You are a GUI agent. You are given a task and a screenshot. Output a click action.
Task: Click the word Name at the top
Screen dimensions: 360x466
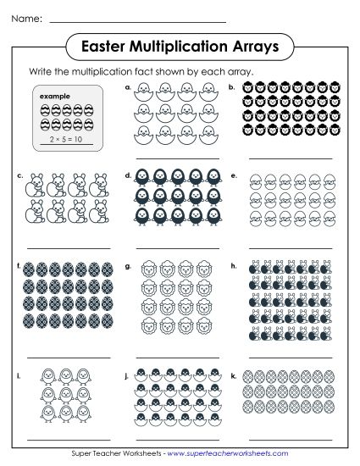click(x=25, y=18)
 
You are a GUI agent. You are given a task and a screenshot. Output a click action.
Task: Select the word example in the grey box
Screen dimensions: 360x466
click(x=54, y=97)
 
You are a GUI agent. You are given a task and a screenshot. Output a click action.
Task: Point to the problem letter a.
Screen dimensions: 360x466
click(x=128, y=86)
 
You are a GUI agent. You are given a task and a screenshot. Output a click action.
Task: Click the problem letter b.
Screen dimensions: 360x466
click(x=231, y=86)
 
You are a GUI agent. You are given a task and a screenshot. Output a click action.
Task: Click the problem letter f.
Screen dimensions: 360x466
click(x=19, y=266)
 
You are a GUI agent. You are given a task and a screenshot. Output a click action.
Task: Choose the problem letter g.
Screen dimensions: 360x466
click(x=128, y=266)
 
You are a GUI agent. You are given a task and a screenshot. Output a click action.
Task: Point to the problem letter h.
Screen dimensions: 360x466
click(x=232, y=266)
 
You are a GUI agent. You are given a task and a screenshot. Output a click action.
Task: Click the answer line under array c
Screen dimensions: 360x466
click(x=68, y=247)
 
